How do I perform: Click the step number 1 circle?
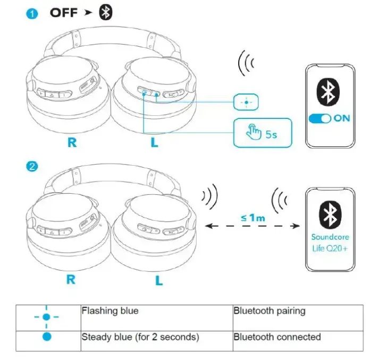32,14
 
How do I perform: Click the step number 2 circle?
32,167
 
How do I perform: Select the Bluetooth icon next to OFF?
106,13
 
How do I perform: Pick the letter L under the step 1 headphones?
155,143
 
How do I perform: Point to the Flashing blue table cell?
156,317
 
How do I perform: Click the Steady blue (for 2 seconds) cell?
156,340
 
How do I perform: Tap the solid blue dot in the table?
47,337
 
